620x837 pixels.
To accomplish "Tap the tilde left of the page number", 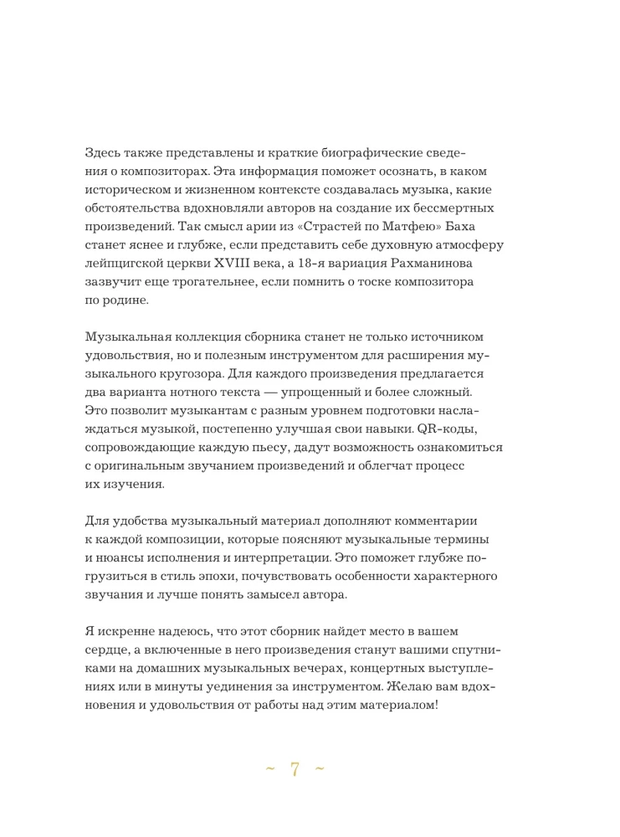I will (269, 772).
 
